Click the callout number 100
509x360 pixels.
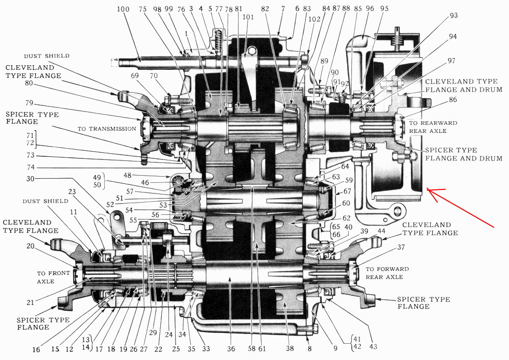[123, 9]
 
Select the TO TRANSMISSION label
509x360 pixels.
[106, 129]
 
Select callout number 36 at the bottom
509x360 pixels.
[232, 349]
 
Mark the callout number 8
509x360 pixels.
[309, 349]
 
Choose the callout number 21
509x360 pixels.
[30, 302]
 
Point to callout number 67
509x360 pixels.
[347, 191]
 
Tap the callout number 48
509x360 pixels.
[127, 176]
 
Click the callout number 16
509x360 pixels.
[36, 349]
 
